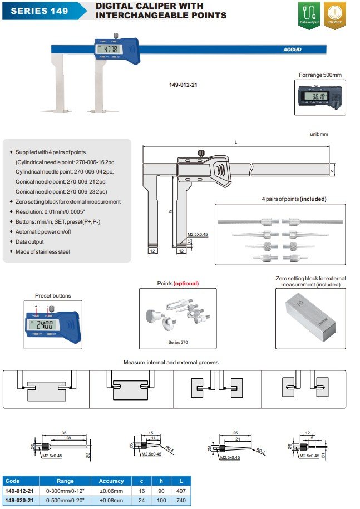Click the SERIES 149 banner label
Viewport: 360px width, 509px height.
38,11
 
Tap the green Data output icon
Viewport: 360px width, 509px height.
309,15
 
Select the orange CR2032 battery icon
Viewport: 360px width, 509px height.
334,15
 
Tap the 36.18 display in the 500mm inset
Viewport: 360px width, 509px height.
314,97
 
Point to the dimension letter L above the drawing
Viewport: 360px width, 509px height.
235,142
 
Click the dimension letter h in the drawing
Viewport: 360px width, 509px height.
170,211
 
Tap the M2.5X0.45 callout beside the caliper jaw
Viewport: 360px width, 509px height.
198,235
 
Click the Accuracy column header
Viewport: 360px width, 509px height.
111,481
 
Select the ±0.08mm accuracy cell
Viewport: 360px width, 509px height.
111,501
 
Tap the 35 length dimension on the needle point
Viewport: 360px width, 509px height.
65,432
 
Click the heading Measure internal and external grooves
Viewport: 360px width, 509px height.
171,363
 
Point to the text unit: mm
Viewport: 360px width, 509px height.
319,134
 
